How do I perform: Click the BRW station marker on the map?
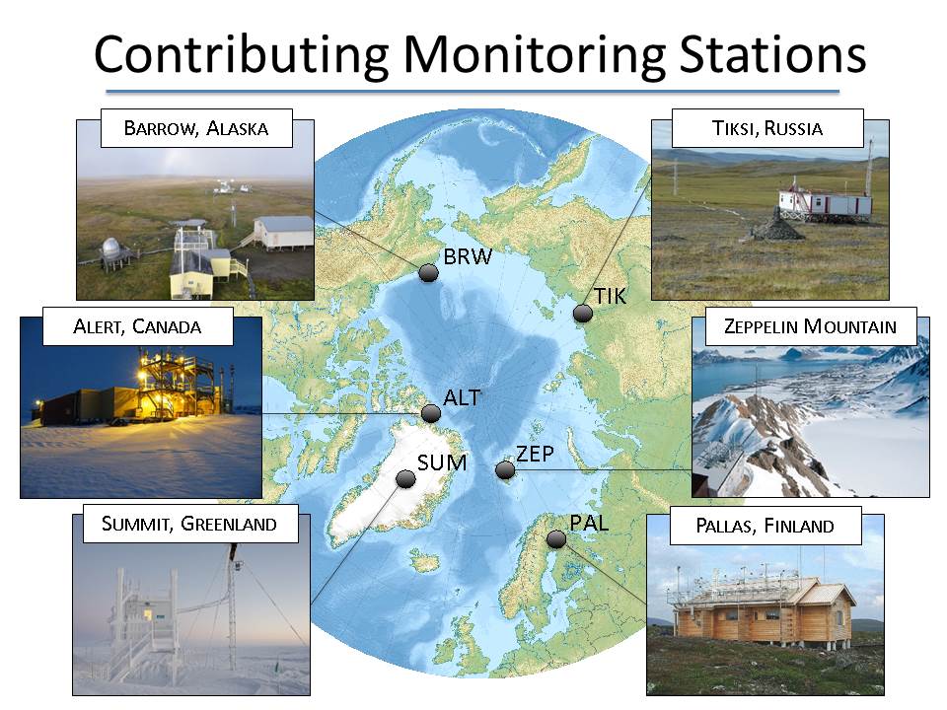click(x=428, y=273)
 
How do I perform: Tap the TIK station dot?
click(x=583, y=313)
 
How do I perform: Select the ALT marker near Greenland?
click(x=431, y=413)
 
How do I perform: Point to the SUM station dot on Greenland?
click(x=405, y=479)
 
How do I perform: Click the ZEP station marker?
click(x=505, y=469)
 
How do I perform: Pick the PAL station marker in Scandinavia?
click(x=556, y=538)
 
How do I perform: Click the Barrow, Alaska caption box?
click(x=196, y=128)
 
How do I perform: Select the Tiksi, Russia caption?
click(x=767, y=128)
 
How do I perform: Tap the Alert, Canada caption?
click(x=138, y=326)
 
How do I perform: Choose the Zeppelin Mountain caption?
click(x=811, y=326)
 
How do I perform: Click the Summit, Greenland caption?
click(x=190, y=524)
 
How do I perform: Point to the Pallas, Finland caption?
click(x=765, y=526)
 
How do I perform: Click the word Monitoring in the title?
click(x=534, y=55)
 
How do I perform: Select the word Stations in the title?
click(x=773, y=54)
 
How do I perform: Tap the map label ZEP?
click(x=535, y=454)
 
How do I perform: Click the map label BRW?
click(x=468, y=256)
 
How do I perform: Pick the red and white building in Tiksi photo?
click(x=825, y=204)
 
